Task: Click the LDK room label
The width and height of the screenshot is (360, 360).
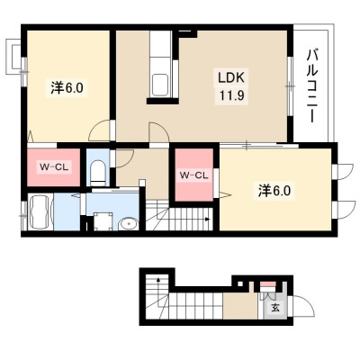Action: click(231, 77)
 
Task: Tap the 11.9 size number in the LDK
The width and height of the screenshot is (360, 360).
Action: click(231, 96)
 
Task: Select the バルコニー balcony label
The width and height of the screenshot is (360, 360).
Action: click(312, 86)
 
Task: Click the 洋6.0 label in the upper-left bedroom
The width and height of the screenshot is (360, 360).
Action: click(67, 88)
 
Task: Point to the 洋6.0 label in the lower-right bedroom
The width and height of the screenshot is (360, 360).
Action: click(274, 190)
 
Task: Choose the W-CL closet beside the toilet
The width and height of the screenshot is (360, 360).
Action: click(54, 166)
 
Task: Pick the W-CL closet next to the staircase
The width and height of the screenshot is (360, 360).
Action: click(193, 175)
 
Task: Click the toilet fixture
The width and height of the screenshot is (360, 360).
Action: click(98, 173)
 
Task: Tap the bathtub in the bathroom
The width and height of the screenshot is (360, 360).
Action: click(40, 212)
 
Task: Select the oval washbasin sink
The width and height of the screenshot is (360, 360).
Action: click(129, 224)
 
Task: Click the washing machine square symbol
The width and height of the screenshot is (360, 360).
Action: click(103, 221)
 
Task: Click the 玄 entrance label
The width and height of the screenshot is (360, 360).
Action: click(275, 308)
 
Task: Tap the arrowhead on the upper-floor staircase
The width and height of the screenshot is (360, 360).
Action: click(207, 220)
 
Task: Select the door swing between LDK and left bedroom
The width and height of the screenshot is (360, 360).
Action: click(100, 130)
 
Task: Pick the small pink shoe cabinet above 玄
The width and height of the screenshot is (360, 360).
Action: click(267, 284)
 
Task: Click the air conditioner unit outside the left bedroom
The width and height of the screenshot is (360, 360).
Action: click(13, 57)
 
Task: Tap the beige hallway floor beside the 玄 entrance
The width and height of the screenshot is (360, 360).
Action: click(240, 306)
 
